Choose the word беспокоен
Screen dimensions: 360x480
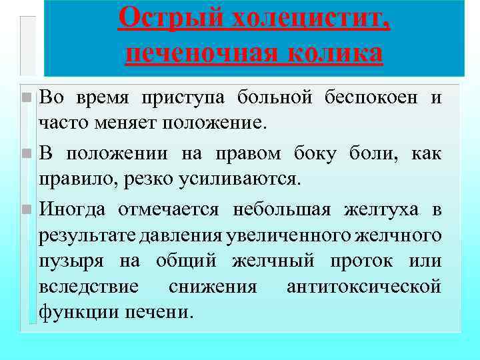pyautogui.click(x=373, y=97)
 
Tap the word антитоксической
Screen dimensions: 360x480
pyautogui.click(x=363, y=286)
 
